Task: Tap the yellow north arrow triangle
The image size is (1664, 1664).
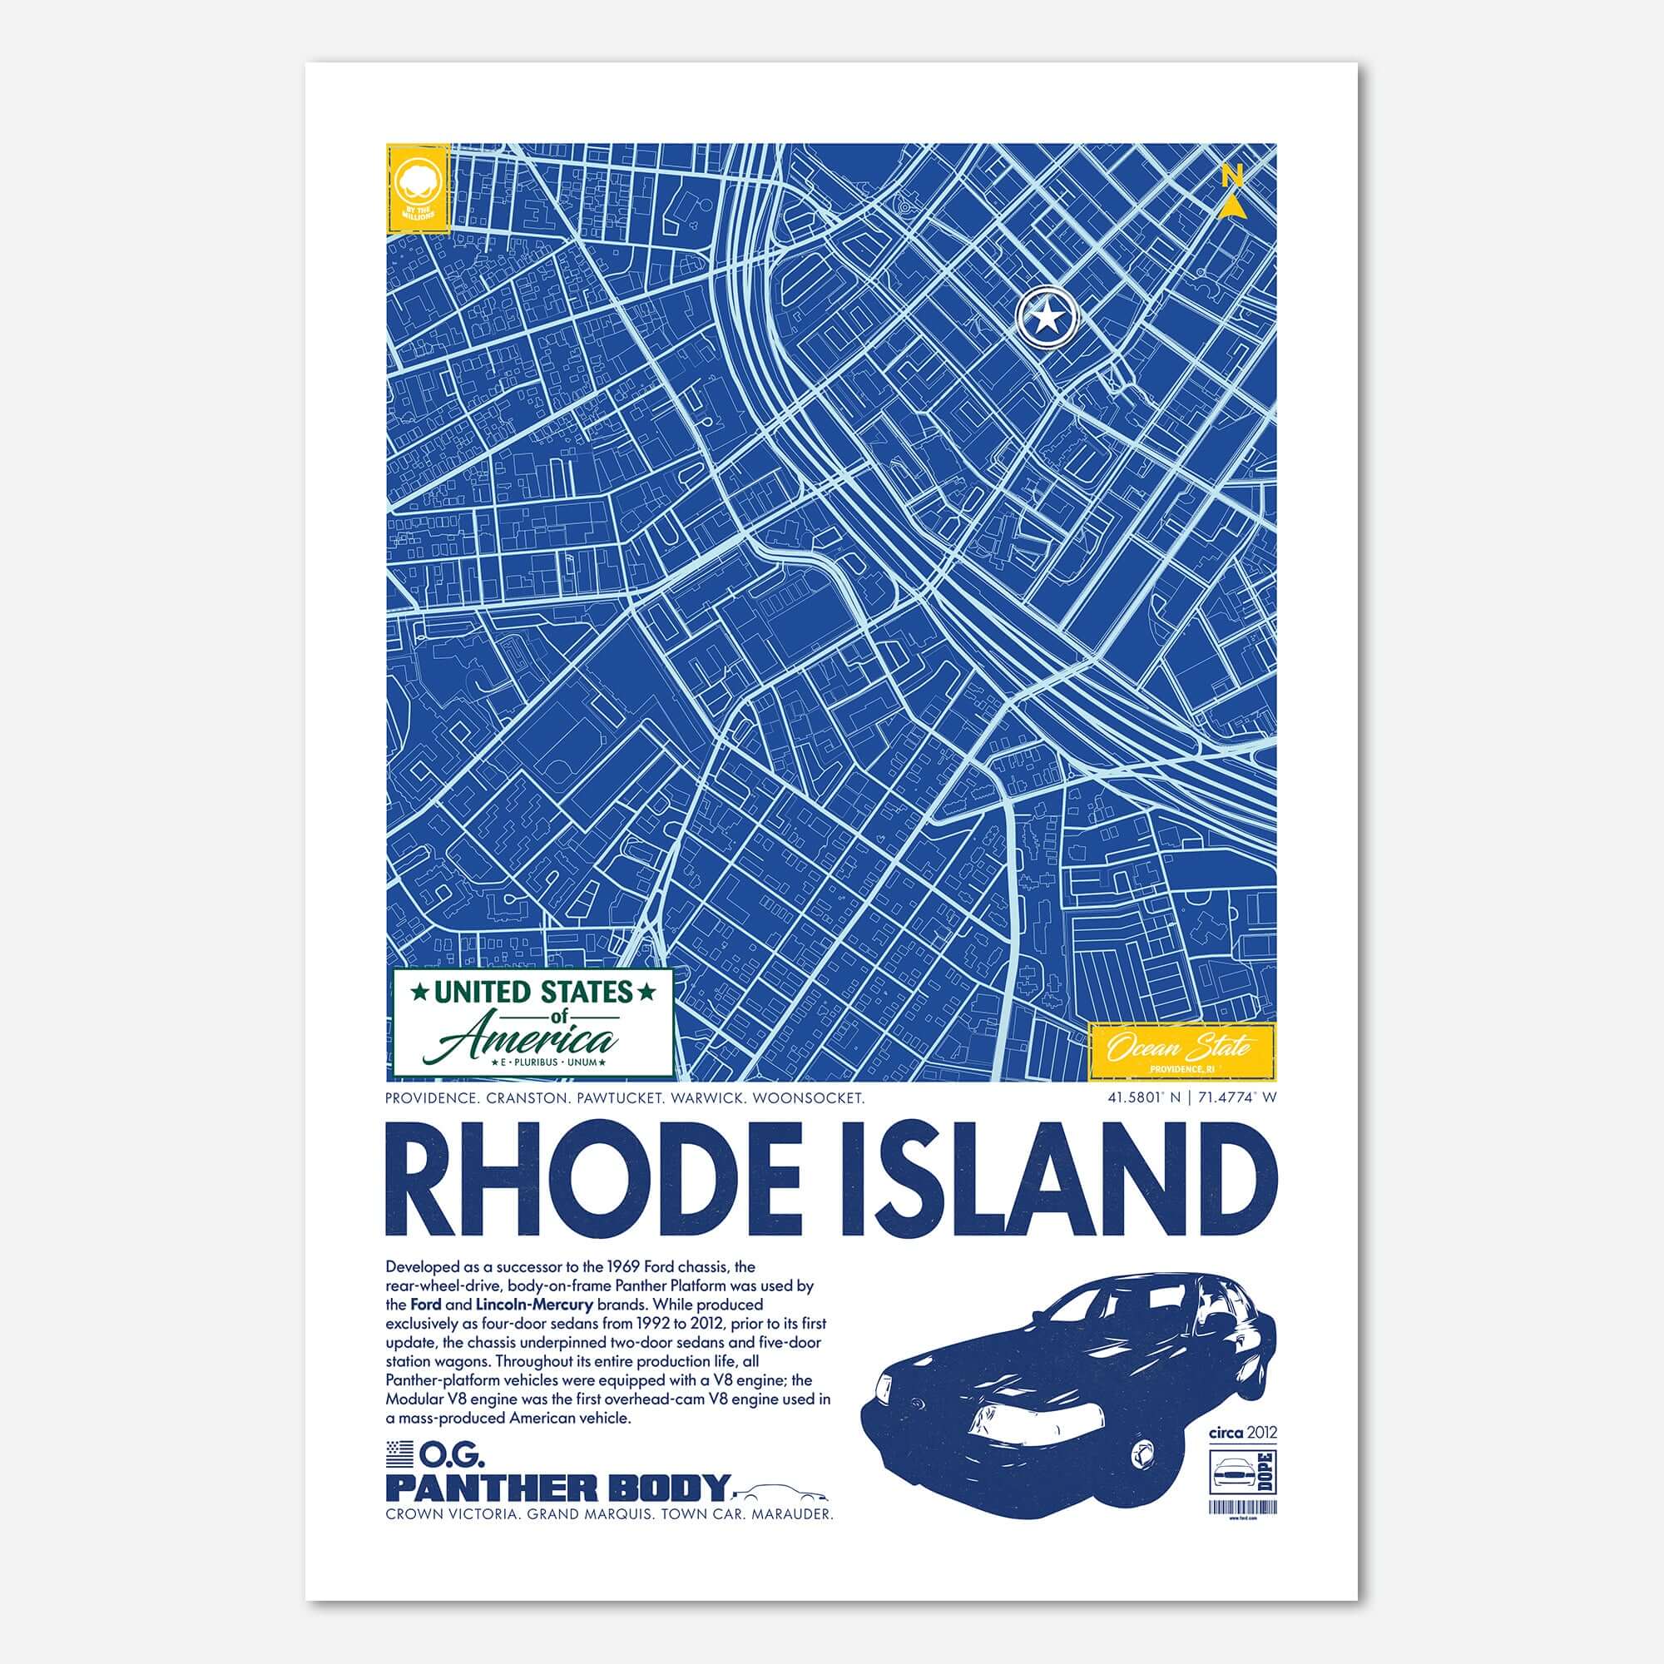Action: (x=1233, y=206)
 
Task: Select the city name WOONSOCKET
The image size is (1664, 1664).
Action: (x=814, y=1099)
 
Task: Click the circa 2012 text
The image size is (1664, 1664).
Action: (x=1243, y=1434)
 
